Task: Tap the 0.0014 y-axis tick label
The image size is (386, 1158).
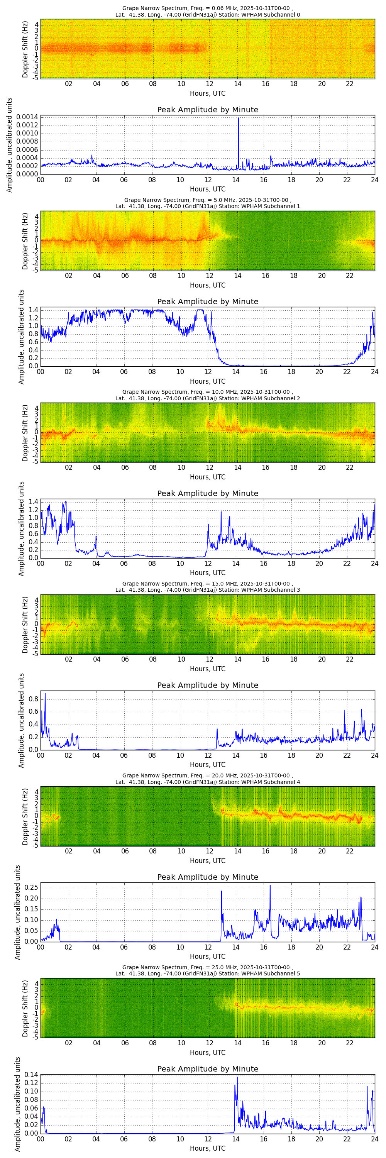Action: (27, 117)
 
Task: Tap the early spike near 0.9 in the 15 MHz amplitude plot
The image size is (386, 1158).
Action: (45, 694)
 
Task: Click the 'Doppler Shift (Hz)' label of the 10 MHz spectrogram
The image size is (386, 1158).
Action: (25, 433)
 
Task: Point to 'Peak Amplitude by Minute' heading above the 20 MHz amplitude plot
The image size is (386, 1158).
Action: (207, 877)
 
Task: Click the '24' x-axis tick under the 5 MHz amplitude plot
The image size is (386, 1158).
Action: (374, 372)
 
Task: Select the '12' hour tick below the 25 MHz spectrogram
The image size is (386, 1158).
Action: (209, 1043)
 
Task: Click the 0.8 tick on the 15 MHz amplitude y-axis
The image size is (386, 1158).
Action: (33, 699)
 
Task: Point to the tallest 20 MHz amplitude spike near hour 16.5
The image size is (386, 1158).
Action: (270, 886)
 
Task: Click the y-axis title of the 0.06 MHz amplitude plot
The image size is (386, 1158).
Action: (9, 145)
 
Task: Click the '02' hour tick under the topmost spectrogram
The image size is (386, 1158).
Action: (69, 84)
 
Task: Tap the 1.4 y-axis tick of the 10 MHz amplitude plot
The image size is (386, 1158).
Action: (33, 502)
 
